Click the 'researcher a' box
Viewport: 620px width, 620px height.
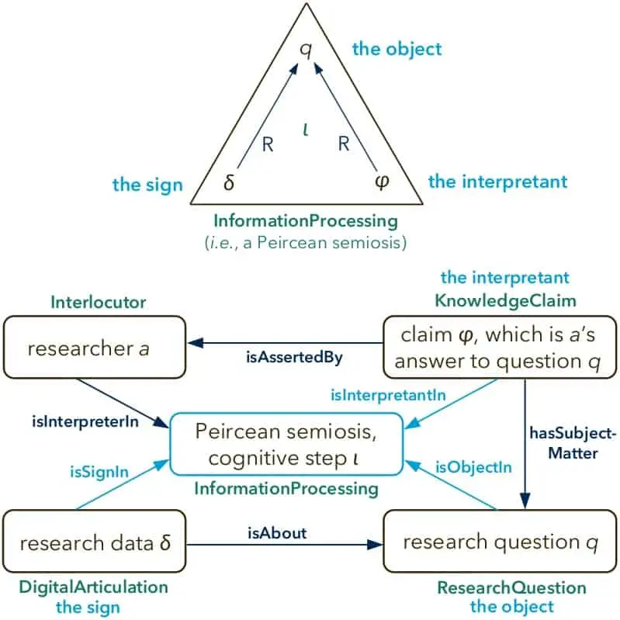95,347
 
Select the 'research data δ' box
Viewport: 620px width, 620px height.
94,541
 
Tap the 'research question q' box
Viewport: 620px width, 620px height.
500,541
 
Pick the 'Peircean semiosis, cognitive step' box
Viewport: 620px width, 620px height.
286,444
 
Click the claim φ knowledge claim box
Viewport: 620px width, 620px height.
500,347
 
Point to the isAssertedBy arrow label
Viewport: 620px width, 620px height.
294,358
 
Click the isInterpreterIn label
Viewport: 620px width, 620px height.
85,422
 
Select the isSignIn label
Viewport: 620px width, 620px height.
99,472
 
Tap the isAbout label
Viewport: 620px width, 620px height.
277,533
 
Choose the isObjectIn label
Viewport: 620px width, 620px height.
473,467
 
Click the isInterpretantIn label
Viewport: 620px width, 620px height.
388,395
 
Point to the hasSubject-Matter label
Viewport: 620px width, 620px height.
573,443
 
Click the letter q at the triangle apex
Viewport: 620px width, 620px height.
306,50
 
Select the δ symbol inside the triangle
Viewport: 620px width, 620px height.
229,182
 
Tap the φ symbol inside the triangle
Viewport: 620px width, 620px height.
382,182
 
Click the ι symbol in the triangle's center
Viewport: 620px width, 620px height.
305,130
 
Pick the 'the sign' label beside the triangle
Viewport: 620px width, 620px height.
147,185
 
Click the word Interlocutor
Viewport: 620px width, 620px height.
99,303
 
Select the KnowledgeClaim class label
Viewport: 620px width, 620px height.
505,301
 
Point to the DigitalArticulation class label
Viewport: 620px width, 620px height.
94,587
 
